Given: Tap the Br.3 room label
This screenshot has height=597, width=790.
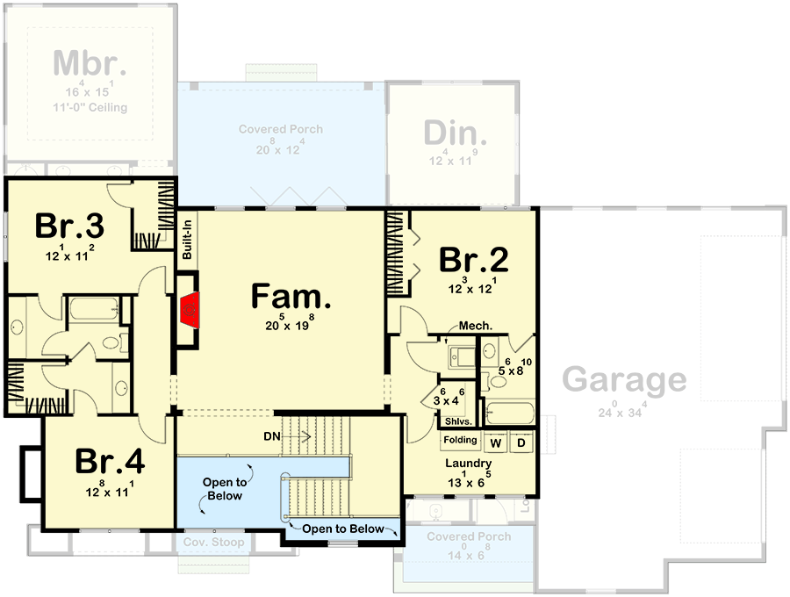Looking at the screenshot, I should click(70, 226).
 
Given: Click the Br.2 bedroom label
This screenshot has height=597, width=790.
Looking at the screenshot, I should click(474, 260).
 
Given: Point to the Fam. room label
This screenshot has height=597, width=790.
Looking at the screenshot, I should click(291, 296).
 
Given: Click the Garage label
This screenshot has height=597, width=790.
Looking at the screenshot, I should click(624, 379).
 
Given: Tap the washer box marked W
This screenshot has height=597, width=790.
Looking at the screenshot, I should click(493, 441).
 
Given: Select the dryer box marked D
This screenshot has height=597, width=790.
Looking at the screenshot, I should click(521, 441).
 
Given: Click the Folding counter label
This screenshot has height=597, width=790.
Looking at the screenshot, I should click(460, 440).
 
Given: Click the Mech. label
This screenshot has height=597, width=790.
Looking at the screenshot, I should click(475, 325).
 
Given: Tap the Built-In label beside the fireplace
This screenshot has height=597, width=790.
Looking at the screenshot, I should click(187, 240).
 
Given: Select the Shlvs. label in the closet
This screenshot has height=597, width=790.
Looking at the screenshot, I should click(456, 421).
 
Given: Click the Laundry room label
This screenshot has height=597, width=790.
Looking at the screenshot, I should click(467, 464).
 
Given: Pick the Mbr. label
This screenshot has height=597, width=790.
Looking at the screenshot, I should click(90, 64).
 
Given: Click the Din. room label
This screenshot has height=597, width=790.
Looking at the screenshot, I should click(456, 133).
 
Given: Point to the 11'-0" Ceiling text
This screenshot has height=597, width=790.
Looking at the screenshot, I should click(90, 108).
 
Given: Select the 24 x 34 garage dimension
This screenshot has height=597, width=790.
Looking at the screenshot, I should click(624, 410).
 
